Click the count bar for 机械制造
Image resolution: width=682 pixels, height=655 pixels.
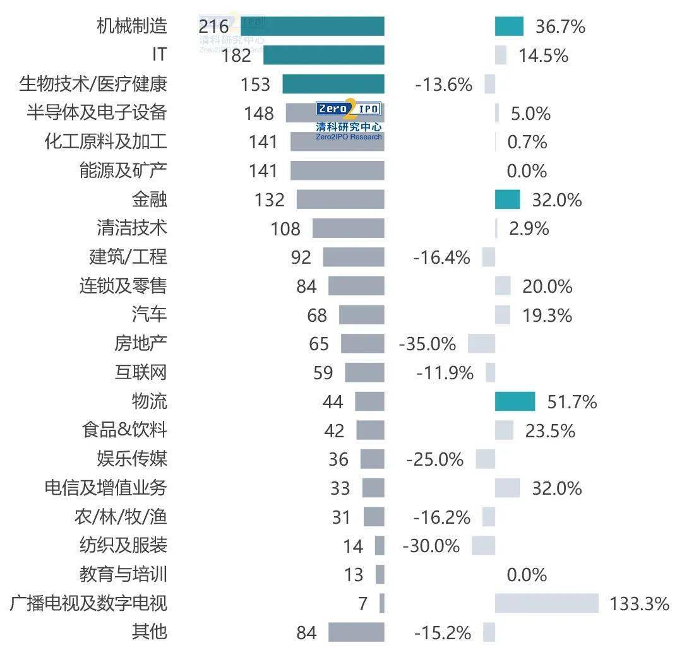pyautogui.click(x=313, y=26)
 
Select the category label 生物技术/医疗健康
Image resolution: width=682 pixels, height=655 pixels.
pyautogui.click(x=93, y=84)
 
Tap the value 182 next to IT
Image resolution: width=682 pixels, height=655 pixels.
pyautogui.click(x=236, y=56)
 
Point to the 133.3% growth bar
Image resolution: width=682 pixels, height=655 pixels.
pyautogui.click(x=546, y=603)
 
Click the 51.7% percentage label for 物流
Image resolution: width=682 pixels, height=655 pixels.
pyautogui.click(x=565, y=402)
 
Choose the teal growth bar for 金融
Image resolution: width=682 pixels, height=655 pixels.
pyautogui.click(x=507, y=199)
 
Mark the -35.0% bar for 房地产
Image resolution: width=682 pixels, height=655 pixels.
pyautogui.click(x=481, y=344)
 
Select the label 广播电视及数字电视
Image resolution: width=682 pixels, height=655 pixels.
pyautogui.click(x=88, y=603)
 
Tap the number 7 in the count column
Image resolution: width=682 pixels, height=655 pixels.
pyautogui.click(x=362, y=604)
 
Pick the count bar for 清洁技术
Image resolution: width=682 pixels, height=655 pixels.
pyautogui.click(x=348, y=228)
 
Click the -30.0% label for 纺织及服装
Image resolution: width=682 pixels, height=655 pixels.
pyautogui.click(x=431, y=545)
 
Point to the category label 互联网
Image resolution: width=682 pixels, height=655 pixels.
pyautogui.click(x=140, y=372)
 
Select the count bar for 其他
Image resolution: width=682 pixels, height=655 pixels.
pyautogui.click(x=356, y=632)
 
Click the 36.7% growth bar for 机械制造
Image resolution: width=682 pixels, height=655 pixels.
pyautogui.click(x=509, y=26)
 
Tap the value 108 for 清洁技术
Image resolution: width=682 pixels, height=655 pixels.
pyautogui.click(x=285, y=228)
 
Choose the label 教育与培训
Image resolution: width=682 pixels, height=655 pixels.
pyautogui.click(x=123, y=574)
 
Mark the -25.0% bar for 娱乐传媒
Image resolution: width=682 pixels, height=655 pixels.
pyautogui.click(x=485, y=459)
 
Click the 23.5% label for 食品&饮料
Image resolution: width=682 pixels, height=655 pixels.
pyautogui.click(x=549, y=431)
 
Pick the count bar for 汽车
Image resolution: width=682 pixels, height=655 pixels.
pyautogui.click(x=361, y=315)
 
